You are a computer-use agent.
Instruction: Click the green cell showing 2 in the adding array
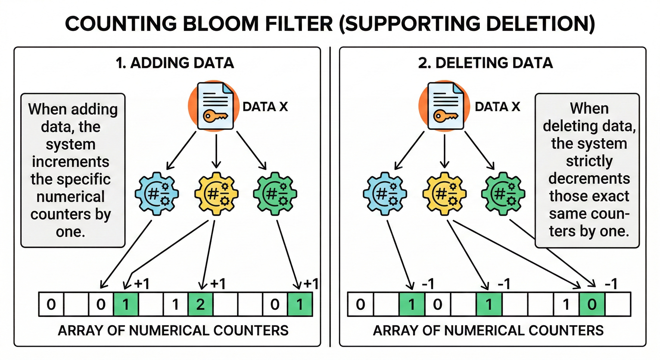(200, 304)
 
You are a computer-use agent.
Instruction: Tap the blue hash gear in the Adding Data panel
(157, 194)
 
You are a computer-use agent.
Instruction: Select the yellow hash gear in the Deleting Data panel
(444, 194)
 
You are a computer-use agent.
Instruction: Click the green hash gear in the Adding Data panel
(275, 194)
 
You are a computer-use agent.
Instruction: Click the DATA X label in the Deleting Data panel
(497, 107)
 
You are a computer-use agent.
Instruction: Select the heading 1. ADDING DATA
(175, 63)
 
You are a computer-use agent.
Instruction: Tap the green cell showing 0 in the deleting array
(592, 304)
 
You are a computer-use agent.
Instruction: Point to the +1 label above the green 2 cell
(217, 284)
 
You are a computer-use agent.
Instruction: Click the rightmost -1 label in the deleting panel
(611, 284)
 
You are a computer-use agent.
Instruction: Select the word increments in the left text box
(71, 162)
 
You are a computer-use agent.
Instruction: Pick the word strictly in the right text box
(589, 161)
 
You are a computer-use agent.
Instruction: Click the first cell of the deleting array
(360, 304)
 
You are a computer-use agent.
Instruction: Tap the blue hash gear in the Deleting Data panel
(385, 194)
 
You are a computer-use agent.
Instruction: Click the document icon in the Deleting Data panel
(446, 105)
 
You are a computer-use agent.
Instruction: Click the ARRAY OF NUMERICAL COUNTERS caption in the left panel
(173, 330)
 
